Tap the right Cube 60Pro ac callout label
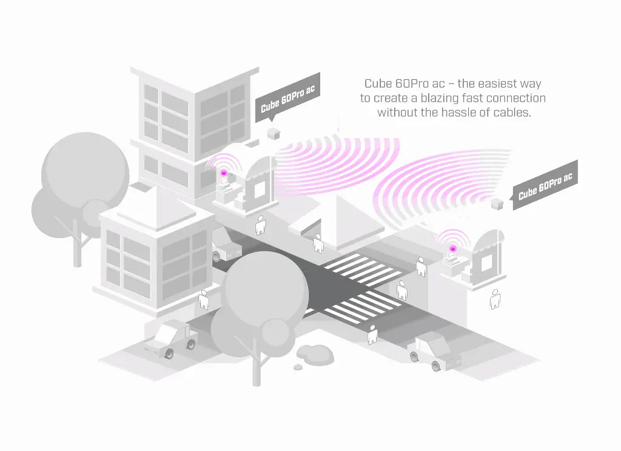[x=545, y=186]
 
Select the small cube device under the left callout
[x=274, y=133]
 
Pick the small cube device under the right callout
[x=498, y=203]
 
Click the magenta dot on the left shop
[x=223, y=173]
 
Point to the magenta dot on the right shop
[x=452, y=248]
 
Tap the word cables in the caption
[x=512, y=113]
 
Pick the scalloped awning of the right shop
[x=488, y=243]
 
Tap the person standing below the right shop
[x=495, y=298]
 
